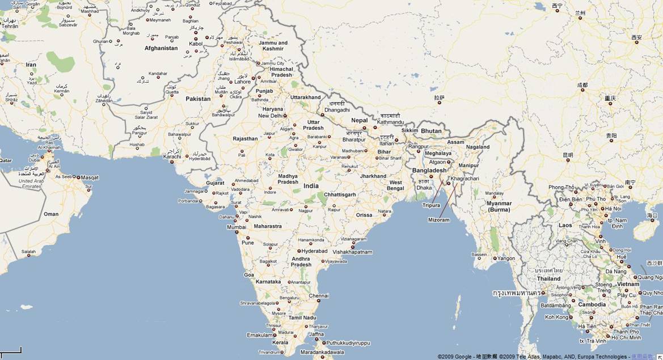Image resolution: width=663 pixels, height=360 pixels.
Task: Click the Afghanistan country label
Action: click(161, 48)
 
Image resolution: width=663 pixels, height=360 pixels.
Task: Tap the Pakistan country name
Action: click(198, 99)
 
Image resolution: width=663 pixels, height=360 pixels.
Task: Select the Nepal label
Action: click(359, 120)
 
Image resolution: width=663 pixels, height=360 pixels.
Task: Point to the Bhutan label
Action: click(431, 131)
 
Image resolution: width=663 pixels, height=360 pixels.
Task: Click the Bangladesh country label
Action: click(429, 170)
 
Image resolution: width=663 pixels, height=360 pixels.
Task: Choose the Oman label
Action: click(51, 214)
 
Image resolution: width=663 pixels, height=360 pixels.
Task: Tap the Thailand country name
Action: click(548, 279)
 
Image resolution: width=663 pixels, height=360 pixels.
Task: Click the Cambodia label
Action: click(592, 304)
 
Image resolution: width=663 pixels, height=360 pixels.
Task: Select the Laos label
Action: click(565, 225)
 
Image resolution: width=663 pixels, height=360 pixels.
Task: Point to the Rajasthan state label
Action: click(245, 138)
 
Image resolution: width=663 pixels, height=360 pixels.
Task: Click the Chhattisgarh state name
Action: click(340, 194)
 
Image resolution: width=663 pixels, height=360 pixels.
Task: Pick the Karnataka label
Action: click(268, 282)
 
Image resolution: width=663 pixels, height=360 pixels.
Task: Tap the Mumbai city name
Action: click(237, 227)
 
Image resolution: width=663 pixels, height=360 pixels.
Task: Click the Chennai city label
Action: click(319, 295)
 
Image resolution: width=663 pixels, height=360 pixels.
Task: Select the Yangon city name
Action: click(506, 259)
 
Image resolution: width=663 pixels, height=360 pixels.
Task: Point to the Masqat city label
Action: click(90, 177)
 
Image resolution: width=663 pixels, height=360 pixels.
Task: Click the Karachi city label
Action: click(172, 156)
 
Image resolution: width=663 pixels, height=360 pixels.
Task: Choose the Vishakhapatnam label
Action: click(352, 252)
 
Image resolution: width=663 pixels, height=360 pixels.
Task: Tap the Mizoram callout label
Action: click(438, 220)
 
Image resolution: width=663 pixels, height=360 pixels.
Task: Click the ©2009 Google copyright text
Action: click(455, 357)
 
